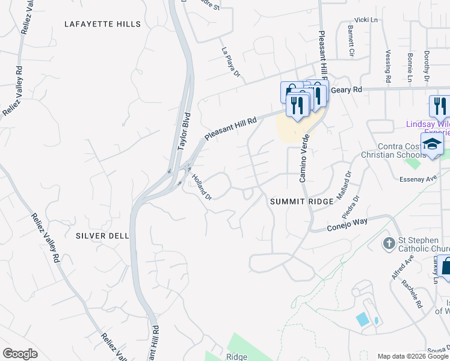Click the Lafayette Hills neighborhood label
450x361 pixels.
102,24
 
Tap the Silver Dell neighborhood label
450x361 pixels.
102,236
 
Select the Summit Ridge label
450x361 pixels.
301,202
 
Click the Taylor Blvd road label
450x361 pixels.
183,131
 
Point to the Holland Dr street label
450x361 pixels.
202,187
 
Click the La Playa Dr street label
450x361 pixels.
230,62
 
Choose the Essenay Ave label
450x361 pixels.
418,179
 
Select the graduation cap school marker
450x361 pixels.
432,144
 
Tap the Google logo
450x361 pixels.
20,354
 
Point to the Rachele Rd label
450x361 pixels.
413,294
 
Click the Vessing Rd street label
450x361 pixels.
388,66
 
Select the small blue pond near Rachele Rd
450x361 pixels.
363,319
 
